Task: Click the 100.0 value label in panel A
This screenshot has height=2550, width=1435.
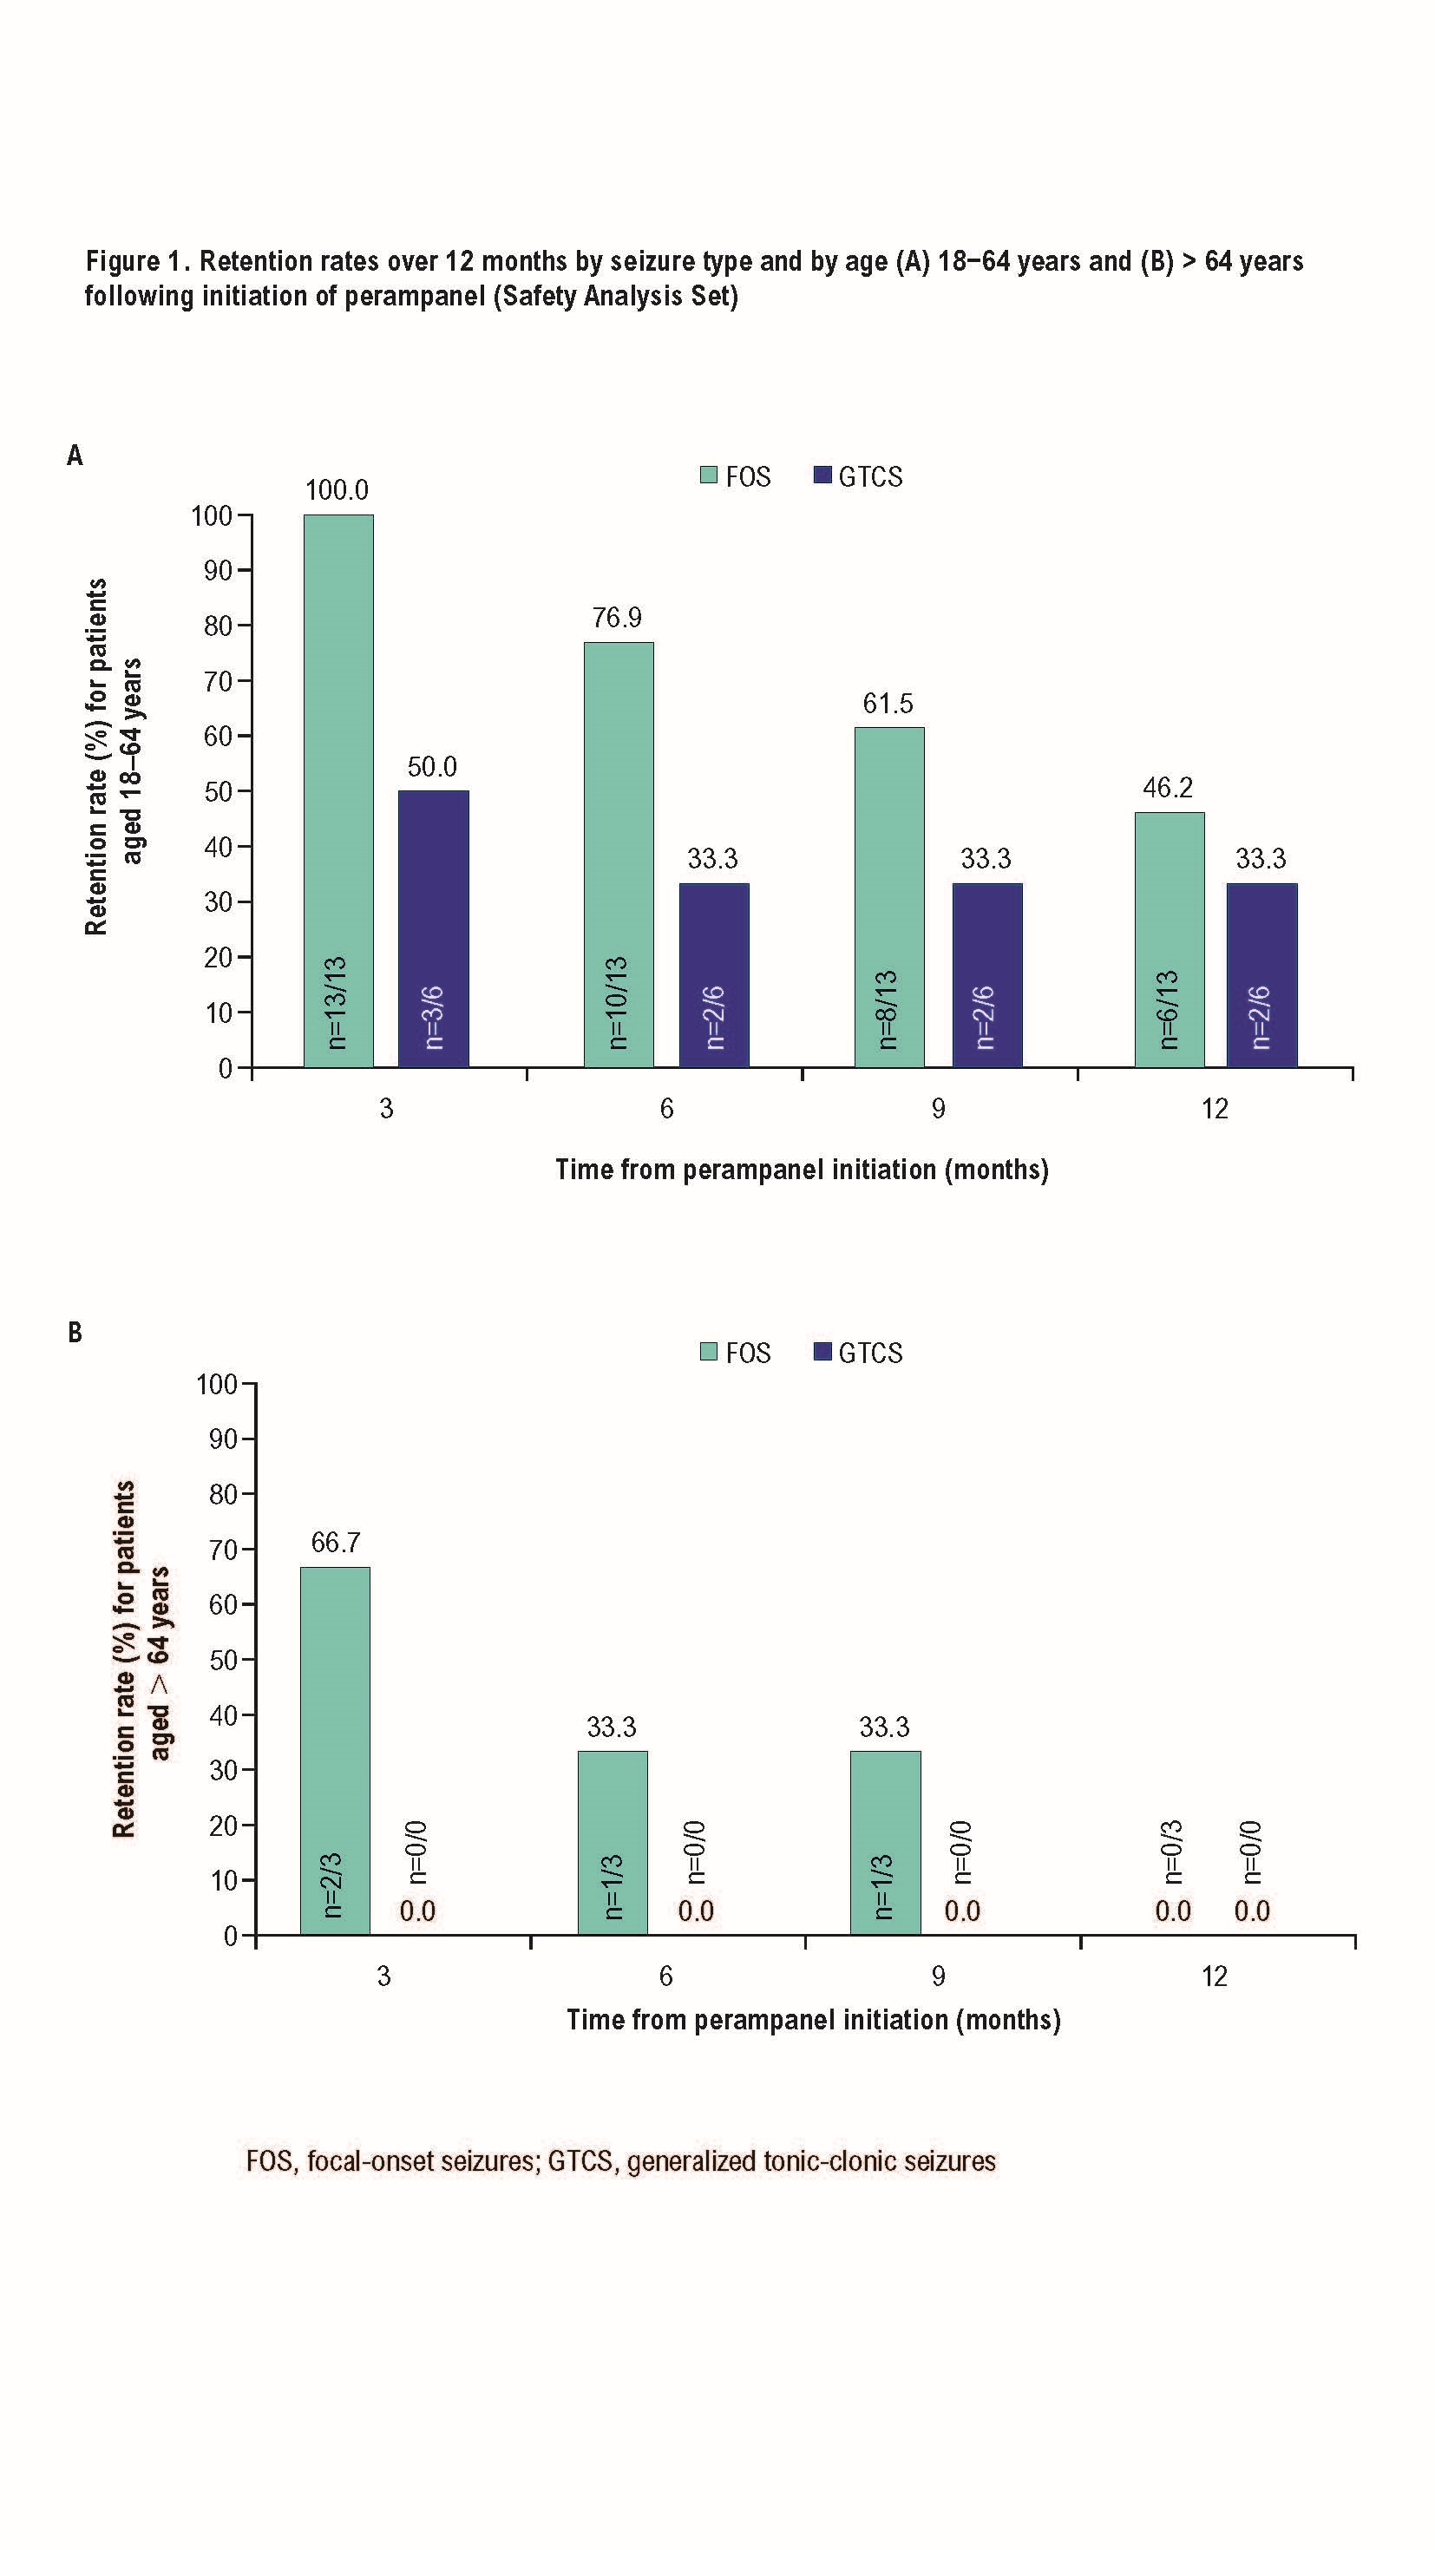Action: coord(337,490)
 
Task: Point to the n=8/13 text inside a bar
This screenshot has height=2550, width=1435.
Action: coord(888,1009)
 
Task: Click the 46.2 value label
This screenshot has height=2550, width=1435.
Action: coord(1168,788)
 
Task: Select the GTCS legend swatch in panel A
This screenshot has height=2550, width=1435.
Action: coord(822,475)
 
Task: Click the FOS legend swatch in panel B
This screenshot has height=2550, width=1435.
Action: coord(709,1351)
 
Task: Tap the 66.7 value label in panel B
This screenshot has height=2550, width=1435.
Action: coord(336,1543)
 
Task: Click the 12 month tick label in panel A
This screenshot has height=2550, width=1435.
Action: coord(1215,1109)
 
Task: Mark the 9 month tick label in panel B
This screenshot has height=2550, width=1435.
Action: coord(938,1976)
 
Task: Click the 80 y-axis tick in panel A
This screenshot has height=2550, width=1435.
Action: coord(218,626)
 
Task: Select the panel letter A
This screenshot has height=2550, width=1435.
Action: coord(75,456)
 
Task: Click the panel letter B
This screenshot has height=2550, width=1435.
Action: coord(75,1333)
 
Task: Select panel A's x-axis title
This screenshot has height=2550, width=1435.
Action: coord(802,1169)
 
